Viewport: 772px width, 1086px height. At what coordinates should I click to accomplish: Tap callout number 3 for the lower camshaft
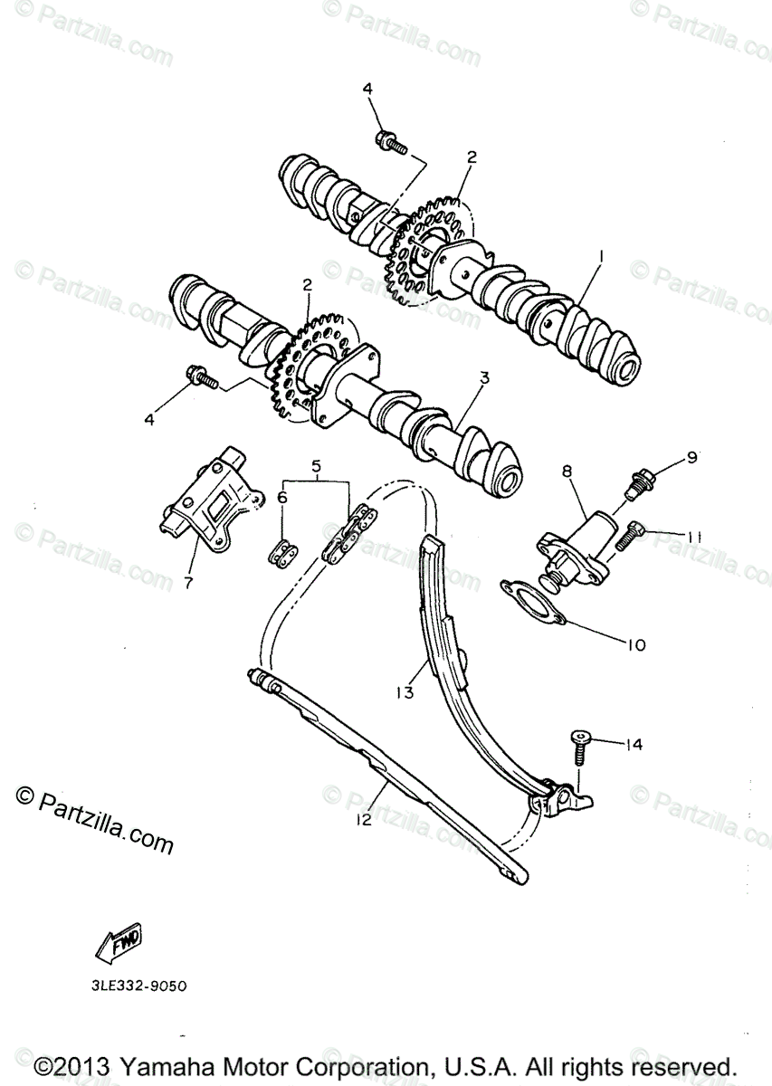[484, 377]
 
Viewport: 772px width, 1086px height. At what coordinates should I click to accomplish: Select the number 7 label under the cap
[188, 582]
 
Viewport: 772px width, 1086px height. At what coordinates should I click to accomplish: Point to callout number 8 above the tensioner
[567, 471]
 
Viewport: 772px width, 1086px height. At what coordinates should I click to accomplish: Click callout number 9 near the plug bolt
[691, 458]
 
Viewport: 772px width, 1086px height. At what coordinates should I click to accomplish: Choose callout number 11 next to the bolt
[693, 537]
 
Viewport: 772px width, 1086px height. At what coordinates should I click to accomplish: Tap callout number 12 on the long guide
[365, 820]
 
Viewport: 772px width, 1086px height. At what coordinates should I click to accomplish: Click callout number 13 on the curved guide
[405, 693]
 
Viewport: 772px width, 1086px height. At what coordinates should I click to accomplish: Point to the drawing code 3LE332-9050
[132, 986]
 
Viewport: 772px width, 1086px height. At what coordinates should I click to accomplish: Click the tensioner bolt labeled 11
[626, 536]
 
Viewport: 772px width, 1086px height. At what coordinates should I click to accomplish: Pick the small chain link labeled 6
[284, 551]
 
